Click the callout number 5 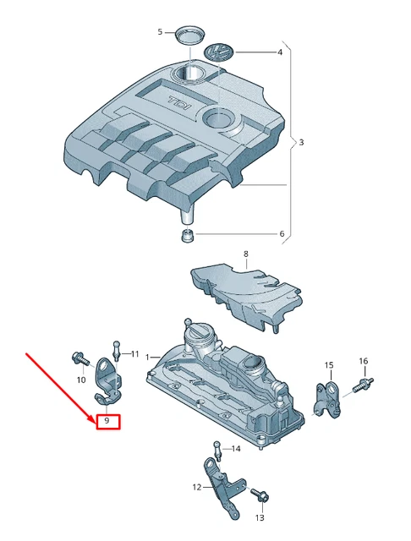coord(159,32)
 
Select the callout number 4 coord(279,52)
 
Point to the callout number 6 coord(282,234)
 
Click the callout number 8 coord(246,254)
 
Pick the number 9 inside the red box coord(107,420)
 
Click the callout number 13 coord(260,516)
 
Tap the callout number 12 coord(197,487)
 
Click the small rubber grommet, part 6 coord(188,234)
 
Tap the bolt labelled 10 coord(79,358)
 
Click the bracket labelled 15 coord(327,397)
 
